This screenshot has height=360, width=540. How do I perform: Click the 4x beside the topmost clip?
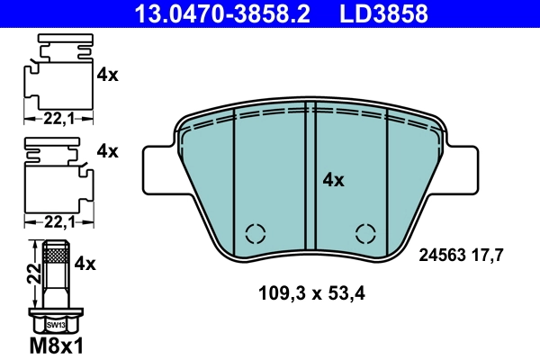coord(107,76)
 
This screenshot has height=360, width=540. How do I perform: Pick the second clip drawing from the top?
coord(58,175)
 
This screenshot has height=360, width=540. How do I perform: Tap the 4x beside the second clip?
coord(107,151)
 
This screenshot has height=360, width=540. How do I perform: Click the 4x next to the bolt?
coord(85,264)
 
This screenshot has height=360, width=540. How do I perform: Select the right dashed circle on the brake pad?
coord(365,234)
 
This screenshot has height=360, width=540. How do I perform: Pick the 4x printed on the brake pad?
coord(333,180)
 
